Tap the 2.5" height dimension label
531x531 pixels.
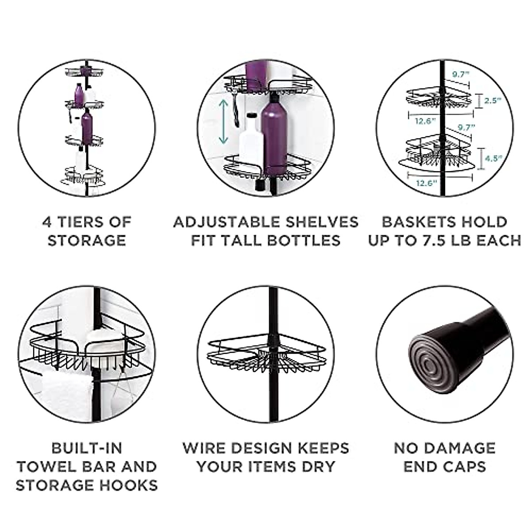(490, 100)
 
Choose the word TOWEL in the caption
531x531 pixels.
(49, 466)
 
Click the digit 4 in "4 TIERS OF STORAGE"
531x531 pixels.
(46, 221)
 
